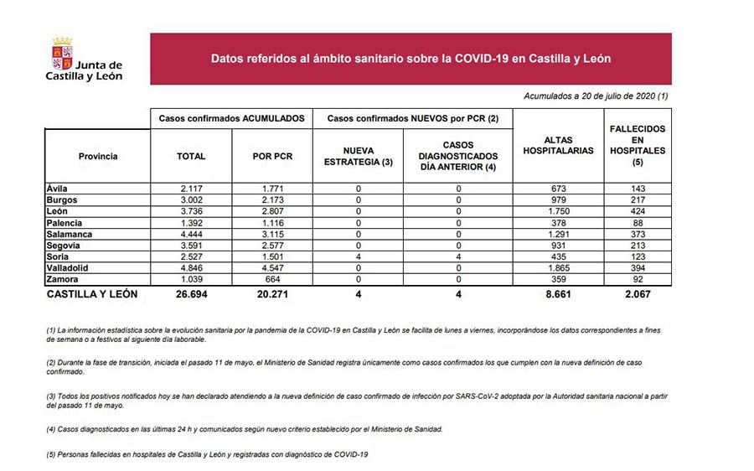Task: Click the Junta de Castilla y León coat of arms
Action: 62,51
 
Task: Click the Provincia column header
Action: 97,157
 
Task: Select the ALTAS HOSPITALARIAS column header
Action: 558,146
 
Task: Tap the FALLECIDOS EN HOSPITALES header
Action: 638,145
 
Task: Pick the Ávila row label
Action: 58,188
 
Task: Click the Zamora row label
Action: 64,279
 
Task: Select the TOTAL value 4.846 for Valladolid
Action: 191,268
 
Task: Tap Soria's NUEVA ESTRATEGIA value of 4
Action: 358,256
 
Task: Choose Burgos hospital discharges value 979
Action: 558,199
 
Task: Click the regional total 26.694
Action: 191,294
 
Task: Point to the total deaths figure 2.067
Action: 638,294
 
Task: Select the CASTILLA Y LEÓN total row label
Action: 92,294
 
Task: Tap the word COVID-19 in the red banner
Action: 483,60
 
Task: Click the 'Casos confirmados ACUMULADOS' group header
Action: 231,119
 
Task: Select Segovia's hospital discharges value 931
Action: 558,246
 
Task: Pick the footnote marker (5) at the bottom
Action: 52,454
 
